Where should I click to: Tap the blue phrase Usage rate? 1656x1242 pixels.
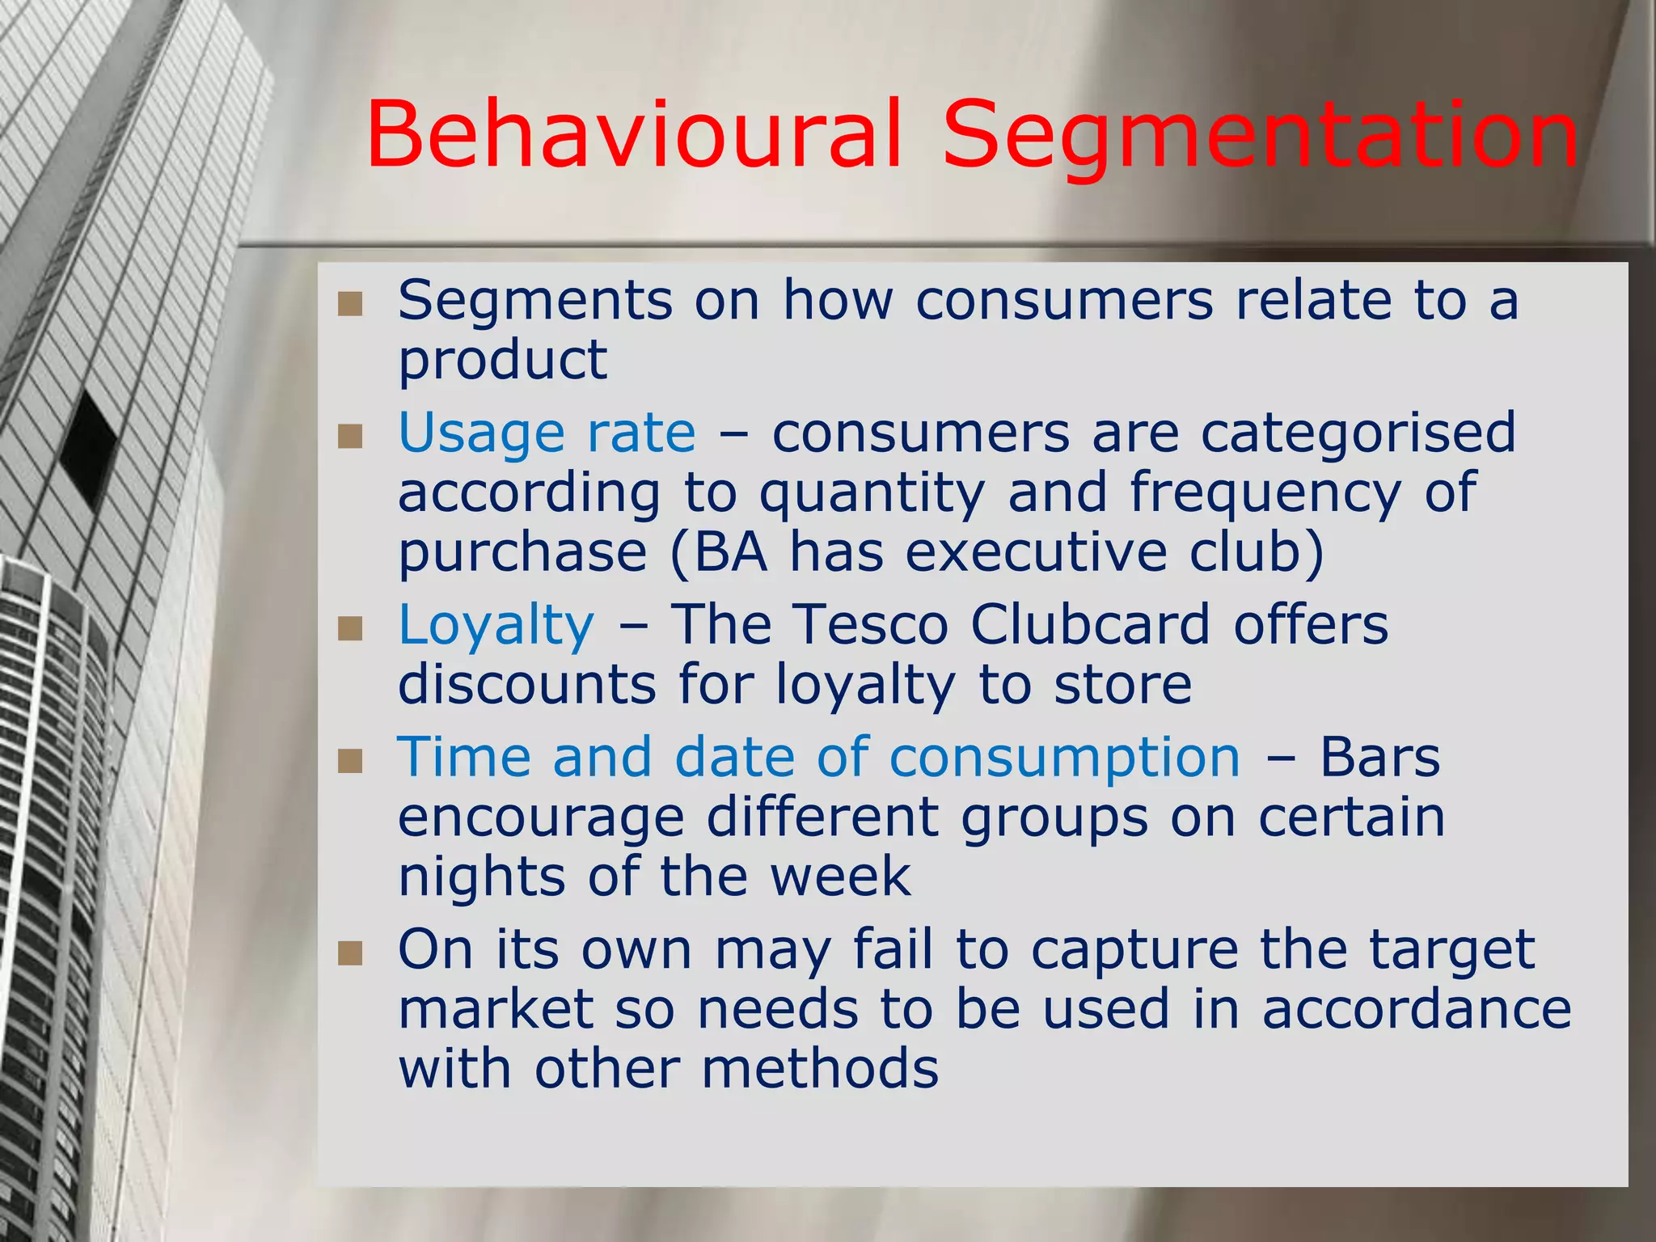[547, 433]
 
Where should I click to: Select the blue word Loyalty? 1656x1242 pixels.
[496, 625]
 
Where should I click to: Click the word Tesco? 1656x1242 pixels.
[871, 625]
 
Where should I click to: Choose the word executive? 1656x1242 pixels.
[1036, 552]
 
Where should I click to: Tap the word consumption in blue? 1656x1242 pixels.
[1064, 758]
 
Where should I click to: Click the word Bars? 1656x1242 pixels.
[1379, 758]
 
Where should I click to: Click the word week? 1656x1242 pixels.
[840, 877]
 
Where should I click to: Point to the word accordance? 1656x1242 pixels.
[1416, 1010]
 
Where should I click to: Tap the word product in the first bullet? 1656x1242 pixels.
[502, 360]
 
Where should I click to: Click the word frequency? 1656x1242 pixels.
[1265, 493]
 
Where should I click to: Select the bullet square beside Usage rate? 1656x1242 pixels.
[350, 437]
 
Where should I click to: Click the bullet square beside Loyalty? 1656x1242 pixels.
[350, 628]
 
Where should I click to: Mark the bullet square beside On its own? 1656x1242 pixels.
[350, 953]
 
